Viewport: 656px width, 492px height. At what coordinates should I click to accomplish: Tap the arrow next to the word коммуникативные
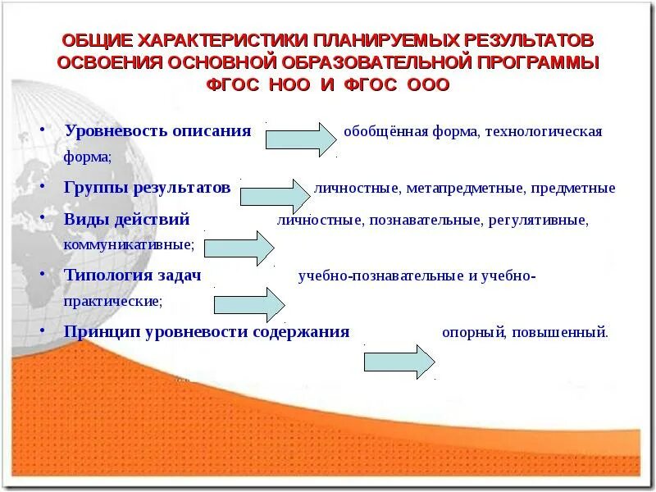(x=239, y=248)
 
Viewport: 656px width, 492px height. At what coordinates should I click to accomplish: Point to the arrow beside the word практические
(x=248, y=305)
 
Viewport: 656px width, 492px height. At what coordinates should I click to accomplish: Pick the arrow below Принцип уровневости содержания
(x=399, y=362)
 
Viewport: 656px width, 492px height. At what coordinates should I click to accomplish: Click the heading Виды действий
(x=126, y=220)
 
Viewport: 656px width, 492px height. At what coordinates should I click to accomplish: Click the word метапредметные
(x=465, y=189)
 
